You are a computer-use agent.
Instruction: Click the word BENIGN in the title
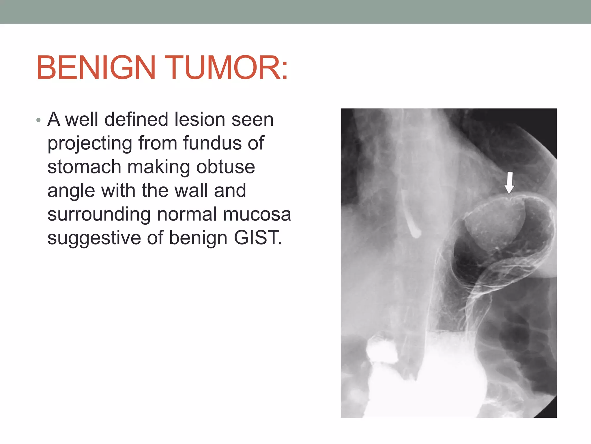click(96, 68)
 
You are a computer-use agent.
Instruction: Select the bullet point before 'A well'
click(38, 120)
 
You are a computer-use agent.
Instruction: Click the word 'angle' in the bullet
click(71, 191)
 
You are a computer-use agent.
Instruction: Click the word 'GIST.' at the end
click(258, 238)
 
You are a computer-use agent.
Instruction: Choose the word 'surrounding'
click(99, 215)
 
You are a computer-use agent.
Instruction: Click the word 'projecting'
click(90, 144)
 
